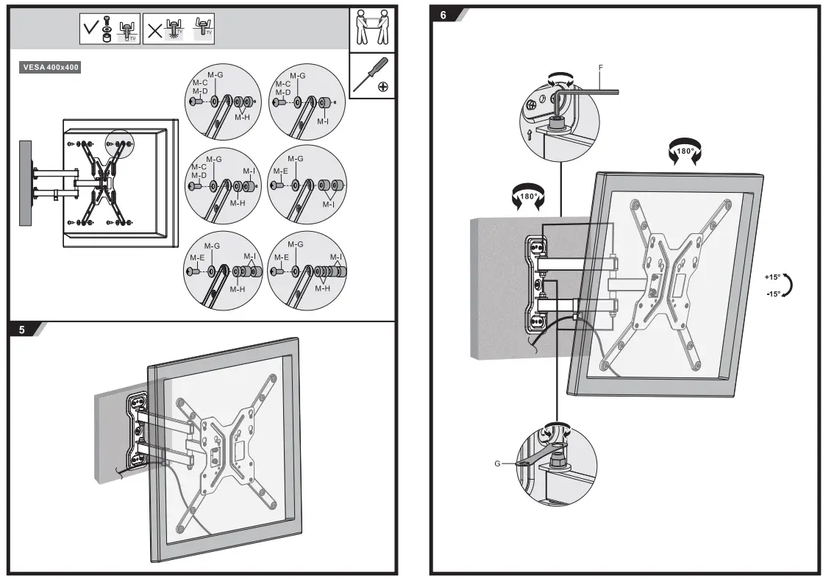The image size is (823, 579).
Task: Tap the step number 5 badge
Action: coord(22,330)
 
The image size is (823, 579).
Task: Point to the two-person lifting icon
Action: coord(371,28)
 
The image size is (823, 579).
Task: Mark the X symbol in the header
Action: coord(155,30)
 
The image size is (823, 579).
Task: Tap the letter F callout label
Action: coord(601,68)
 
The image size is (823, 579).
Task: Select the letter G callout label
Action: coord(499,464)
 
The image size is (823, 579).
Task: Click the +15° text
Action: coord(771,277)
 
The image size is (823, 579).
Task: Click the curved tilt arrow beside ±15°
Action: coord(788,285)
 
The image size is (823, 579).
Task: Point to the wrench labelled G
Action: coord(541,457)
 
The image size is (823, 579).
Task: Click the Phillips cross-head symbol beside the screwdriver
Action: coord(383,87)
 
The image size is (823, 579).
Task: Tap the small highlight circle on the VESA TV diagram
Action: coord(120,142)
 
